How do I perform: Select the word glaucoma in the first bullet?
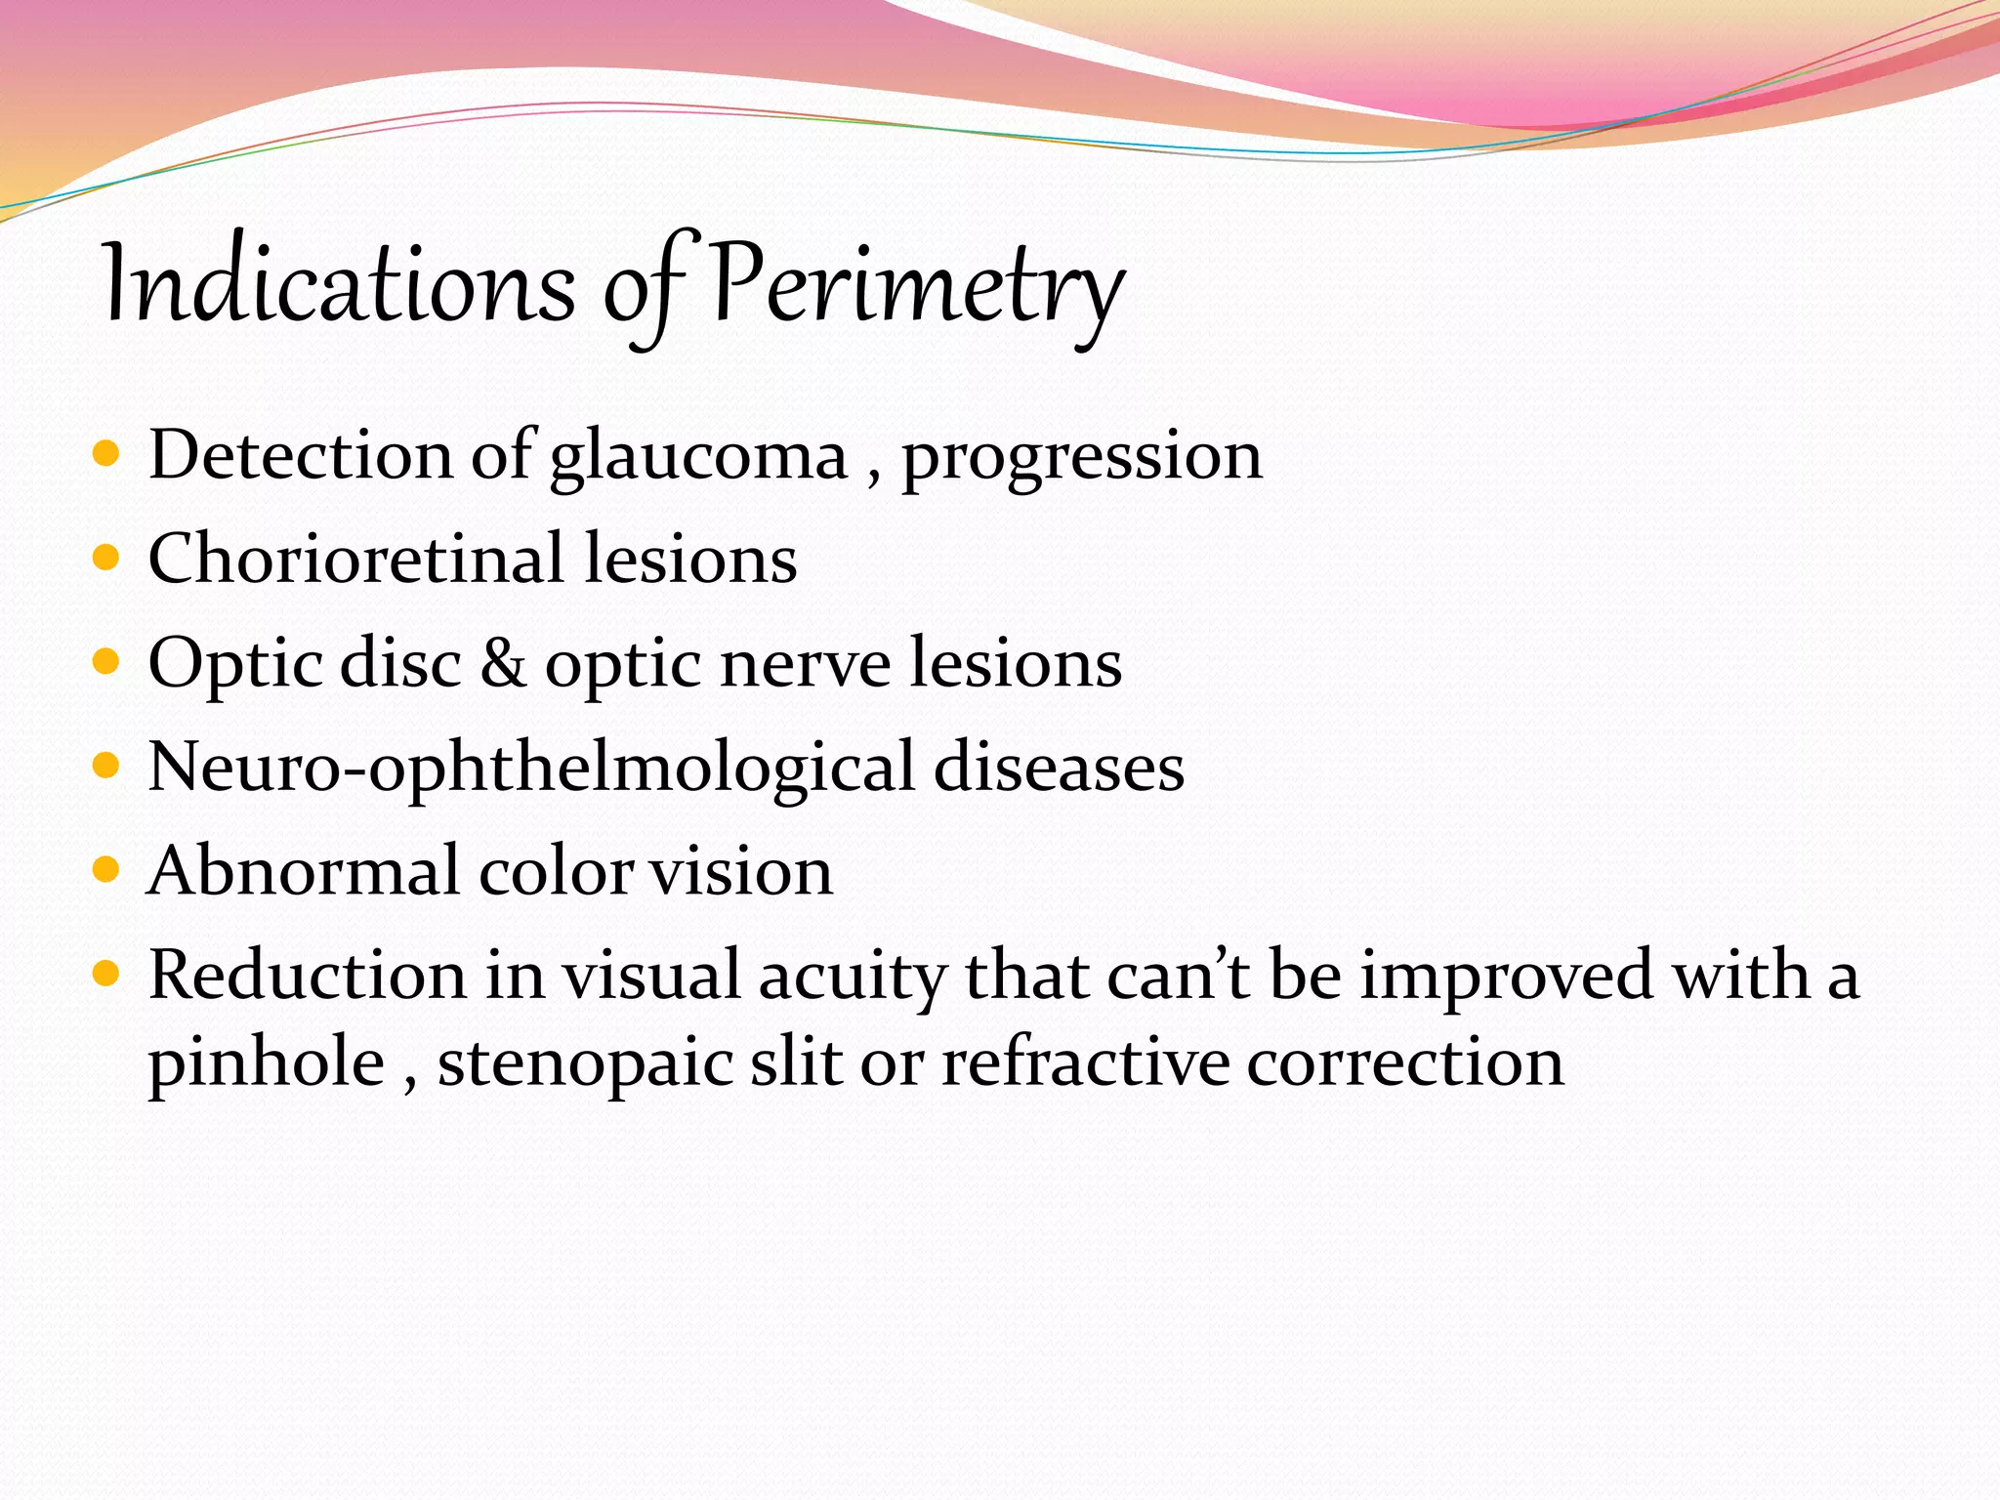pos(698,457)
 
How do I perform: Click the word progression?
pos(1081,457)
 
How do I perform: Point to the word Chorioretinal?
pos(356,560)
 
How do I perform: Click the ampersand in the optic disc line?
pos(503,663)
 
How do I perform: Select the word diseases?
pos(1059,768)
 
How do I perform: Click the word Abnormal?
pos(303,871)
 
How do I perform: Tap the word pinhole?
pos(266,1062)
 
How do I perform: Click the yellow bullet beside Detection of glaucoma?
pos(105,455)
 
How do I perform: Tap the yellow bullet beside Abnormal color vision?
pos(105,870)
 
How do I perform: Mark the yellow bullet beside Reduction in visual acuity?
pos(105,974)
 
